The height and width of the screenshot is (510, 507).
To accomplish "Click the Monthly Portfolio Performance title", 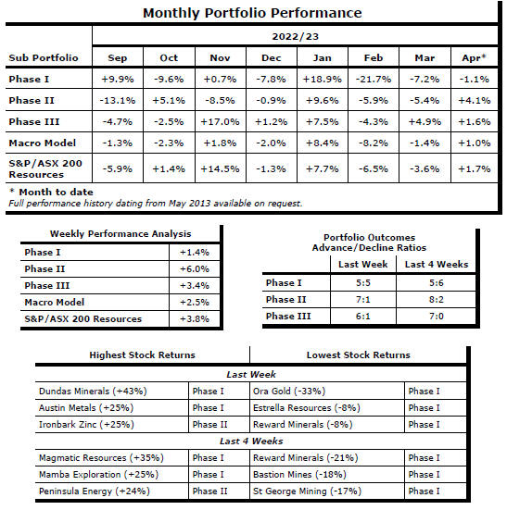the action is point(252,13).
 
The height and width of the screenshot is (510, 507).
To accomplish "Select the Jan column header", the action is point(322,58).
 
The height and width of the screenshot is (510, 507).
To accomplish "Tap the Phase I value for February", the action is point(374,79).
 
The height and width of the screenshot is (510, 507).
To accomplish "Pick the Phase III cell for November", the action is point(220,121).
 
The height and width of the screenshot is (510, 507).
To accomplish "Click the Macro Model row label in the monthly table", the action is point(43,143).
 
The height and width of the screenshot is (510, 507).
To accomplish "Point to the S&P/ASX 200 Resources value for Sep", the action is point(117,168).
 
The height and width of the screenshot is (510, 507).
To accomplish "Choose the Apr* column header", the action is point(474,57).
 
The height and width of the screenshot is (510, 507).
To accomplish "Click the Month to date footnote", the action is point(52,192).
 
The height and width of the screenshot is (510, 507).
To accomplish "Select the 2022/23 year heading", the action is point(295,36).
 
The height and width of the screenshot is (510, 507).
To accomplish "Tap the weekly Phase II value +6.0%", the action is point(195,269).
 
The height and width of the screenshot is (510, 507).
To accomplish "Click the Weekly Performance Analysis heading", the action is point(120,234).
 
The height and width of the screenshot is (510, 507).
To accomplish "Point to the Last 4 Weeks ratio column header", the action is point(437,264).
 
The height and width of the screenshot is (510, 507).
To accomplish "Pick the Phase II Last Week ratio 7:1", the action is point(363,299).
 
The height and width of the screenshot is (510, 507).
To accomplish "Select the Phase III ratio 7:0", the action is point(437,316).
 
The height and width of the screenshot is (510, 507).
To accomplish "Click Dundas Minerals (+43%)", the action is point(93,391).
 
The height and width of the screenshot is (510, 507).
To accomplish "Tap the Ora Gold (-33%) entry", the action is point(289,391).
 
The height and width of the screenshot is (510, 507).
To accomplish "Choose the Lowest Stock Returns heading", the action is point(358,355).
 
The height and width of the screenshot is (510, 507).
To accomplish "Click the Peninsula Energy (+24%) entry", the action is point(95,491).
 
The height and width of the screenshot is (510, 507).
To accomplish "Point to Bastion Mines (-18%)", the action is point(299,474).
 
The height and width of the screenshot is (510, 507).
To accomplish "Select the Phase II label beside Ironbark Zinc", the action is point(209,425).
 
